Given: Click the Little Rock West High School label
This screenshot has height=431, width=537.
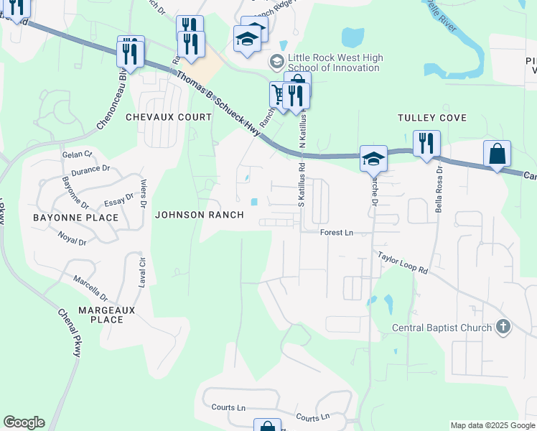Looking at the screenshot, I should click(335, 62).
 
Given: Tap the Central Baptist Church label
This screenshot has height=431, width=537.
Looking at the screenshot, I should click(442, 328).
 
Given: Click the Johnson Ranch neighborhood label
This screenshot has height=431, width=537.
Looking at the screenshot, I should click(200, 215).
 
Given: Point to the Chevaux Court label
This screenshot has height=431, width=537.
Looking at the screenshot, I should click(169, 116).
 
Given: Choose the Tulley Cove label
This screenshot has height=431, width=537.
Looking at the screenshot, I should click(432, 118).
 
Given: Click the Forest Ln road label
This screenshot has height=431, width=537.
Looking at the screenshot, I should click(337, 233).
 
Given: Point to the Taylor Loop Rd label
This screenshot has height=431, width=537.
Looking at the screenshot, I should click(403, 263).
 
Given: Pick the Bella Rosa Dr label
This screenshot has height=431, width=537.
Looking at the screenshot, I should click(438, 190).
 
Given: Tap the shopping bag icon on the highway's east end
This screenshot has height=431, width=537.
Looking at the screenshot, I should click(497, 154).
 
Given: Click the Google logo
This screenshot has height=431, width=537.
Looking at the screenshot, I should click(24, 422).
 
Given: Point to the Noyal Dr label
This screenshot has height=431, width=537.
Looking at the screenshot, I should click(72, 238).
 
